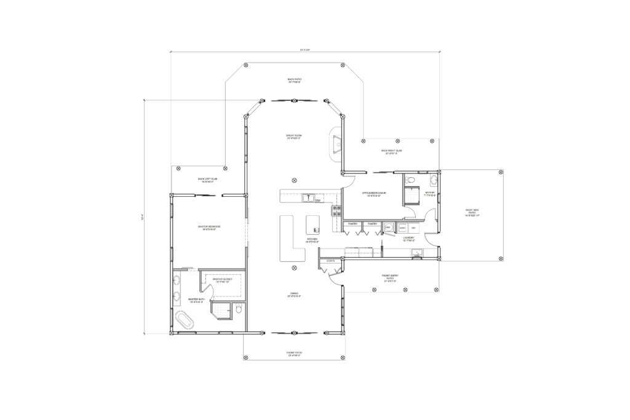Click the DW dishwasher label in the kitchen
pyautogui.click(x=318, y=201)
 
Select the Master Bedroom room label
pyautogui.click(x=209, y=228)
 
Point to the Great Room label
pyautogui.click(x=294, y=137)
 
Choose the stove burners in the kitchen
pyautogui.click(x=337, y=211)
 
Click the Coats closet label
pyautogui.click(x=330, y=261)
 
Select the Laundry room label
pyautogui.click(x=409, y=239)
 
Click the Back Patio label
pyautogui.click(x=294, y=81)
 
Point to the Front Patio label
pyautogui.click(x=294, y=354)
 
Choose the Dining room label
pyautogui.click(x=294, y=295)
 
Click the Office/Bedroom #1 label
pyautogui.click(x=377, y=194)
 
